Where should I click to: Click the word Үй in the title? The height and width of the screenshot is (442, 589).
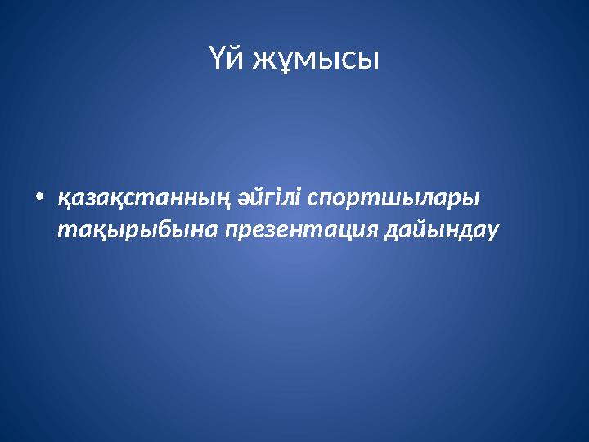click(227, 58)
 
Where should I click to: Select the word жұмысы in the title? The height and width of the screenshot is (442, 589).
click(315, 58)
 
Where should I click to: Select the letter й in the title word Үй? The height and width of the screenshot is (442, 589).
click(236, 58)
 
